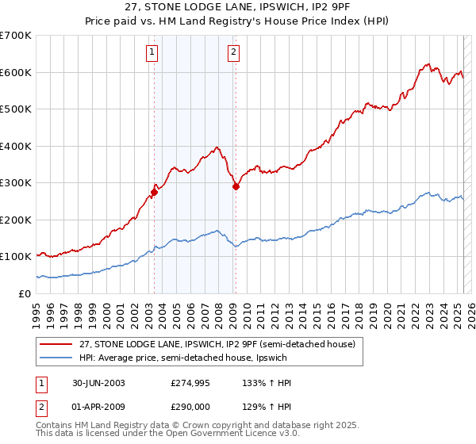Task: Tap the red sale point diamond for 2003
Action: pyautogui.click(x=155, y=191)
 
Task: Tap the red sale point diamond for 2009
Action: pyautogui.click(x=236, y=187)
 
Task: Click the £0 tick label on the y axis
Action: pyautogui.click(x=24, y=293)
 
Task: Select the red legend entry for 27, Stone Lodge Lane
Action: pyautogui.click(x=221, y=344)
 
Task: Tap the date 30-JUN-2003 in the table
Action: pyautogui.click(x=98, y=383)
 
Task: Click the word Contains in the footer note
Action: pyautogui.click(x=56, y=427)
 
